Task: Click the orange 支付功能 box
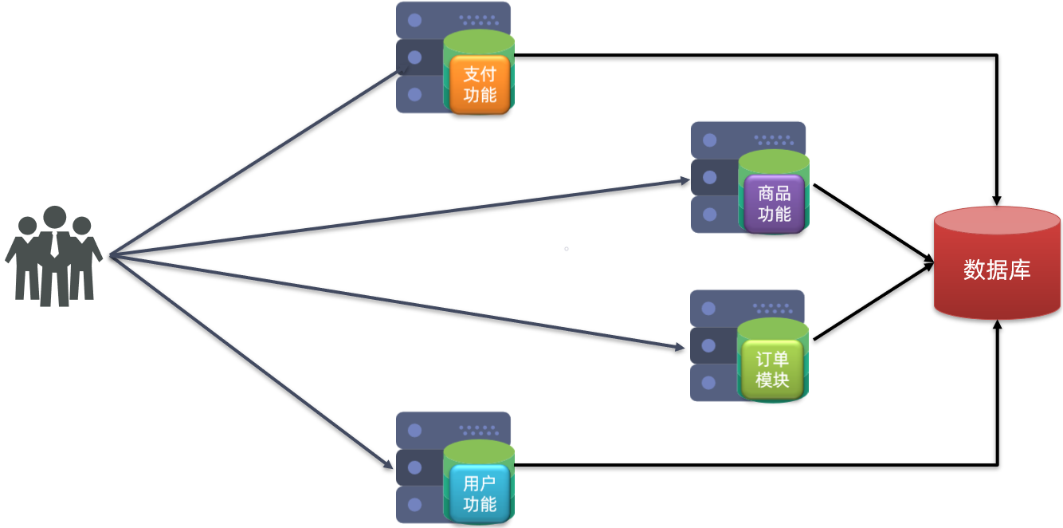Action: tap(479, 85)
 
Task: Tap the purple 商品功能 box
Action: tap(774, 203)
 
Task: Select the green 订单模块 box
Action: tap(771, 370)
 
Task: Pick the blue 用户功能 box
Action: tap(479, 494)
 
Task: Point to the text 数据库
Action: tap(997, 270)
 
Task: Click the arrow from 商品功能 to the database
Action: tap(873, 224)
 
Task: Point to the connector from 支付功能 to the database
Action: tap(757, 55)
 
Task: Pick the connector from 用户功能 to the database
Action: tap(757, 464)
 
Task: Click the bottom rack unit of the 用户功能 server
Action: tap(418, 506)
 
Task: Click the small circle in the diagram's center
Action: tap(567, 249)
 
